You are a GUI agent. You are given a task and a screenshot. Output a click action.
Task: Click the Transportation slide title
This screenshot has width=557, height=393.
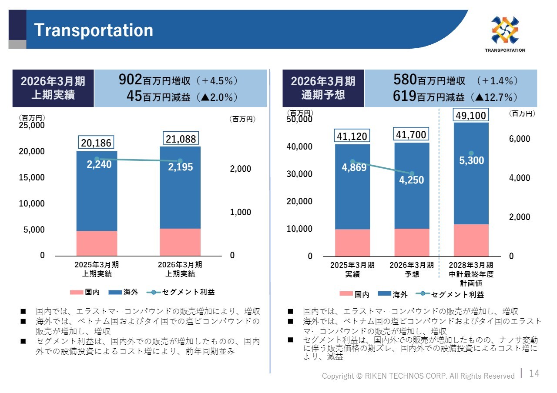tap(94, 30)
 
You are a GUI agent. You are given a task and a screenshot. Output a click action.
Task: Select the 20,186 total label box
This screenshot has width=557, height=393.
tap(96, 142)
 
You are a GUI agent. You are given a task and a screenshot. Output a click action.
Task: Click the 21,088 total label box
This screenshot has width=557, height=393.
tap(181, 139)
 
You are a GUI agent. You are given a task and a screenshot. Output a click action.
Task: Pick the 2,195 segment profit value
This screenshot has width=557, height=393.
tap(181, 167)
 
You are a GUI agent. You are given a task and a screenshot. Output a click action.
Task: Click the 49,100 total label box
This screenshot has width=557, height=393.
tap(471, 115)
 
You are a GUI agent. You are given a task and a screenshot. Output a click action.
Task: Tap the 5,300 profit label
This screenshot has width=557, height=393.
tap(471, 160)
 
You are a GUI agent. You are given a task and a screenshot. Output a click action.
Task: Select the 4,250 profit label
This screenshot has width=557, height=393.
tap(412, 180)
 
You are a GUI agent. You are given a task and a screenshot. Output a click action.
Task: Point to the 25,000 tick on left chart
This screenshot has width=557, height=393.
tap(31, 125)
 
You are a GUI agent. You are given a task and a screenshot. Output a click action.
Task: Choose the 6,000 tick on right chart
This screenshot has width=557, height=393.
tap(520, 139)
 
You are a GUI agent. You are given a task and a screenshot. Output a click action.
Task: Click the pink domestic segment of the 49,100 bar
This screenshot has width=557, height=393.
tap(471, 240)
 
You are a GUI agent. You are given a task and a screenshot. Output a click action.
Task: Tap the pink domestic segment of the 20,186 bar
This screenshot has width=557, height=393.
tap(97, 243)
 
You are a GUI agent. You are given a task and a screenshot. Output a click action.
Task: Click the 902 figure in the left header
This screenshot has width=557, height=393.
tap(131, 80)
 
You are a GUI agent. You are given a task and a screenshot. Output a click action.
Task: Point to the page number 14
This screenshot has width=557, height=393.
tap(534, 373)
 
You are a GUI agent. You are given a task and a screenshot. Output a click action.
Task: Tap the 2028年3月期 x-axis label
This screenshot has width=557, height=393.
tap(471, 265)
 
